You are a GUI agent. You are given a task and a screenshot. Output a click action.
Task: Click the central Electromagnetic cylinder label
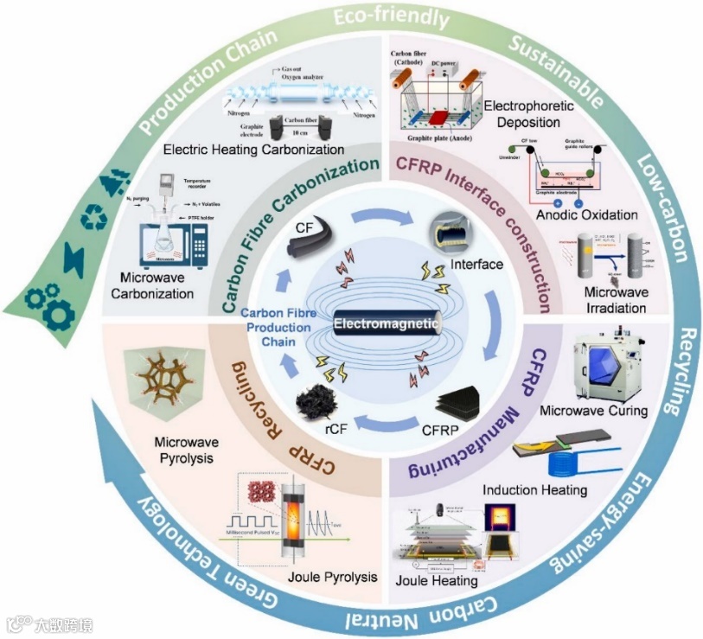point(388,324)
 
